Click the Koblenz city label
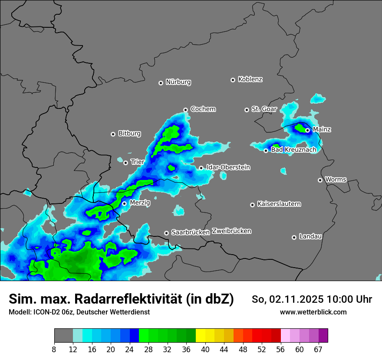(250, 79)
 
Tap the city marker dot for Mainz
(307, 130)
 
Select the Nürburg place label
(178, 82)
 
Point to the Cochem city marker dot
(185, 110)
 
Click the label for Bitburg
(129, 134)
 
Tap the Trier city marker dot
(125, 163)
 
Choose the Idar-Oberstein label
(228, 167)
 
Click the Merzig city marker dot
(124, 203)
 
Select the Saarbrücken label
(190, 232)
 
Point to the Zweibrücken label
(231, 231)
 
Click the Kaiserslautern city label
(279, 204)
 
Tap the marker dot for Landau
(294, 237)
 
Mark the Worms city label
(336, 180)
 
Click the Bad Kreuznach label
(293, 150)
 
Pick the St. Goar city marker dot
(247, 110)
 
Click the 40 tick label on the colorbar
(205, 350)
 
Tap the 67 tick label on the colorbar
(318, 350)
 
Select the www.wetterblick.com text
(313, 312)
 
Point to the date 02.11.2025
(296, 299)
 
